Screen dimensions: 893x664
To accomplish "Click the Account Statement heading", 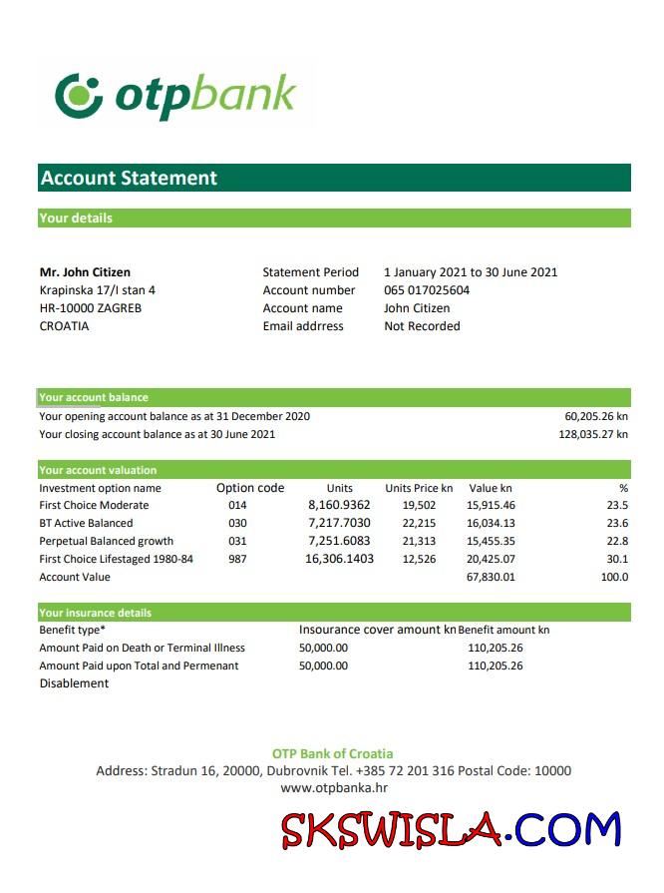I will pos(129,179).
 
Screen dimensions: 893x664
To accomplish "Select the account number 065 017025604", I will pos(427,290).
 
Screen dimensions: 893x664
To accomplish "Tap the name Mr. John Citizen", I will pos(85,272).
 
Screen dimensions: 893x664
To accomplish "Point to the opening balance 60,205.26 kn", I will pos(596,416).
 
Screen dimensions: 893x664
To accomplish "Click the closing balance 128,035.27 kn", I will pos(593,434).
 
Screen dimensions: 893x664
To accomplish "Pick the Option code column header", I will pos(250,489).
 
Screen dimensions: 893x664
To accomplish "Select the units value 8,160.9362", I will pos(339,505).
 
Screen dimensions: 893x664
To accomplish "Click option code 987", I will pos(237,559).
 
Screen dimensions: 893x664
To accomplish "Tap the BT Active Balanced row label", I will pos(86,523).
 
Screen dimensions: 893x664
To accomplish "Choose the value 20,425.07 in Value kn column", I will pos(491,559).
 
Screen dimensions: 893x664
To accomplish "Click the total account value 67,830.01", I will pos(491,577).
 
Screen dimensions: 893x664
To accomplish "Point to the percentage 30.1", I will pos(618,559).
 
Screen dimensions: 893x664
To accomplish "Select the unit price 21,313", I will pos(419,541).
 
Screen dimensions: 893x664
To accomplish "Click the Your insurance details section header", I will pos(96,613).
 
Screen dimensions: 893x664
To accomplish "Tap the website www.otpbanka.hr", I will pos(333,788).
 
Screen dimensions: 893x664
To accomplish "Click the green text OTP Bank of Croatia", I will pos(333,753).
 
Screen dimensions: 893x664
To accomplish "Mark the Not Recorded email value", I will pos(422,326).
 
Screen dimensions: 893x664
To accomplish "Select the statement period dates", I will pos(471,272).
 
